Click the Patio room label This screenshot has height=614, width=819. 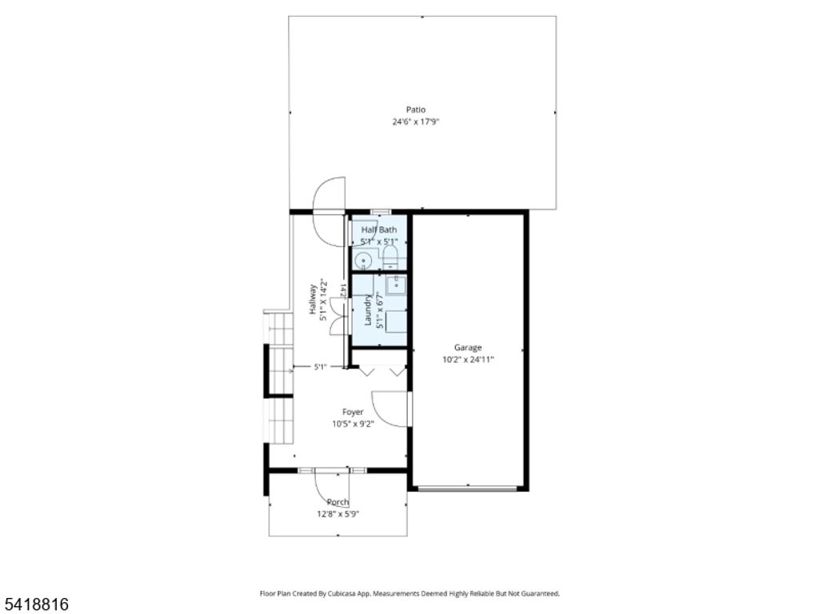[x=415, y=110]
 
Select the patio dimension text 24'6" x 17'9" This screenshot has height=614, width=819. [x=416, y=122]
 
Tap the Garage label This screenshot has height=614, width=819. [x=468, y=347]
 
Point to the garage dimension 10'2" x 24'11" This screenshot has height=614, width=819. [x=468, y=360]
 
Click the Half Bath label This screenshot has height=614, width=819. [x=378, y=229]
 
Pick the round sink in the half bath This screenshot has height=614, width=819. [x=363, y=260]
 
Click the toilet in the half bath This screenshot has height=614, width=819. [x=390, y=257]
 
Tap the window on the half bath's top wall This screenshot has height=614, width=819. [x=379, y=212]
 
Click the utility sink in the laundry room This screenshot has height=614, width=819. [x=395, y=284]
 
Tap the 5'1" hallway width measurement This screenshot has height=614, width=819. [x=319, y=367]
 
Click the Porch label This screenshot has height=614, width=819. [x=338, y=502]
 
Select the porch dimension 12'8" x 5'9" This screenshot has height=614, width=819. [x=338, y=514]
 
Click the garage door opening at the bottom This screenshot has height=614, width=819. [x=468, y=488]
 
